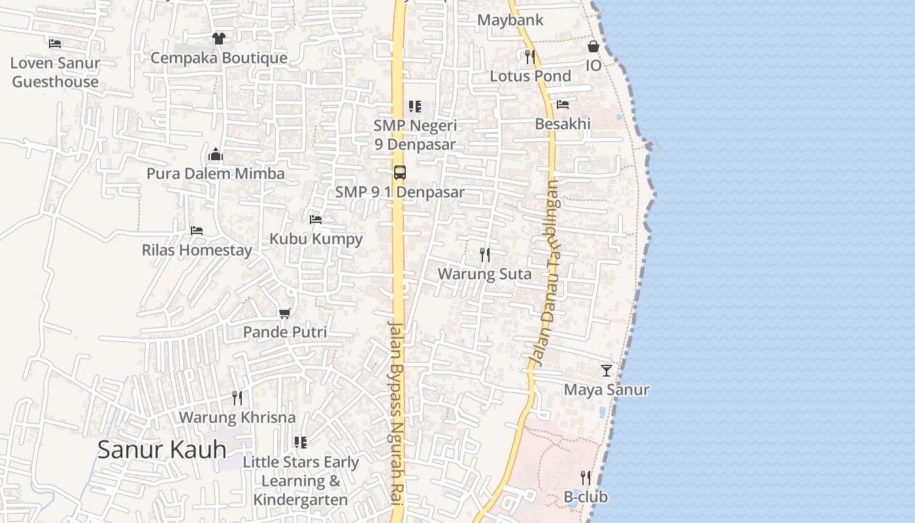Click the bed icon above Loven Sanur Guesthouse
click(55, 44)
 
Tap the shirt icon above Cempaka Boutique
click(218, 39)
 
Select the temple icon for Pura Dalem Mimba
click(216, 155)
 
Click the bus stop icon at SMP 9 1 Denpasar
click(399, 173)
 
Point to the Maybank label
click(510, 20)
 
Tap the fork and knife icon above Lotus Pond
click(530, 57)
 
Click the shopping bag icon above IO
click(593, 46)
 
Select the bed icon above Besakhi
click(562, 105)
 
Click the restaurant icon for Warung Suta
click(484, 255)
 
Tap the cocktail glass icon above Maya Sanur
click(607, 371)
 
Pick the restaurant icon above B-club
click(586, 478)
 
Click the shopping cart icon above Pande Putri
click(284, 314)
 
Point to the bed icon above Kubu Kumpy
click(316, 220)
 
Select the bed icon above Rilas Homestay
click(196, 231)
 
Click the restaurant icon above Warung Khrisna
click(237, 397)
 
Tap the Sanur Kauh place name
click(162, 449)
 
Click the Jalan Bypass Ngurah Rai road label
click(397, 412)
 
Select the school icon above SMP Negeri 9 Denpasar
click(414, 106)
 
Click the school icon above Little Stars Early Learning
click(300, 443)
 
